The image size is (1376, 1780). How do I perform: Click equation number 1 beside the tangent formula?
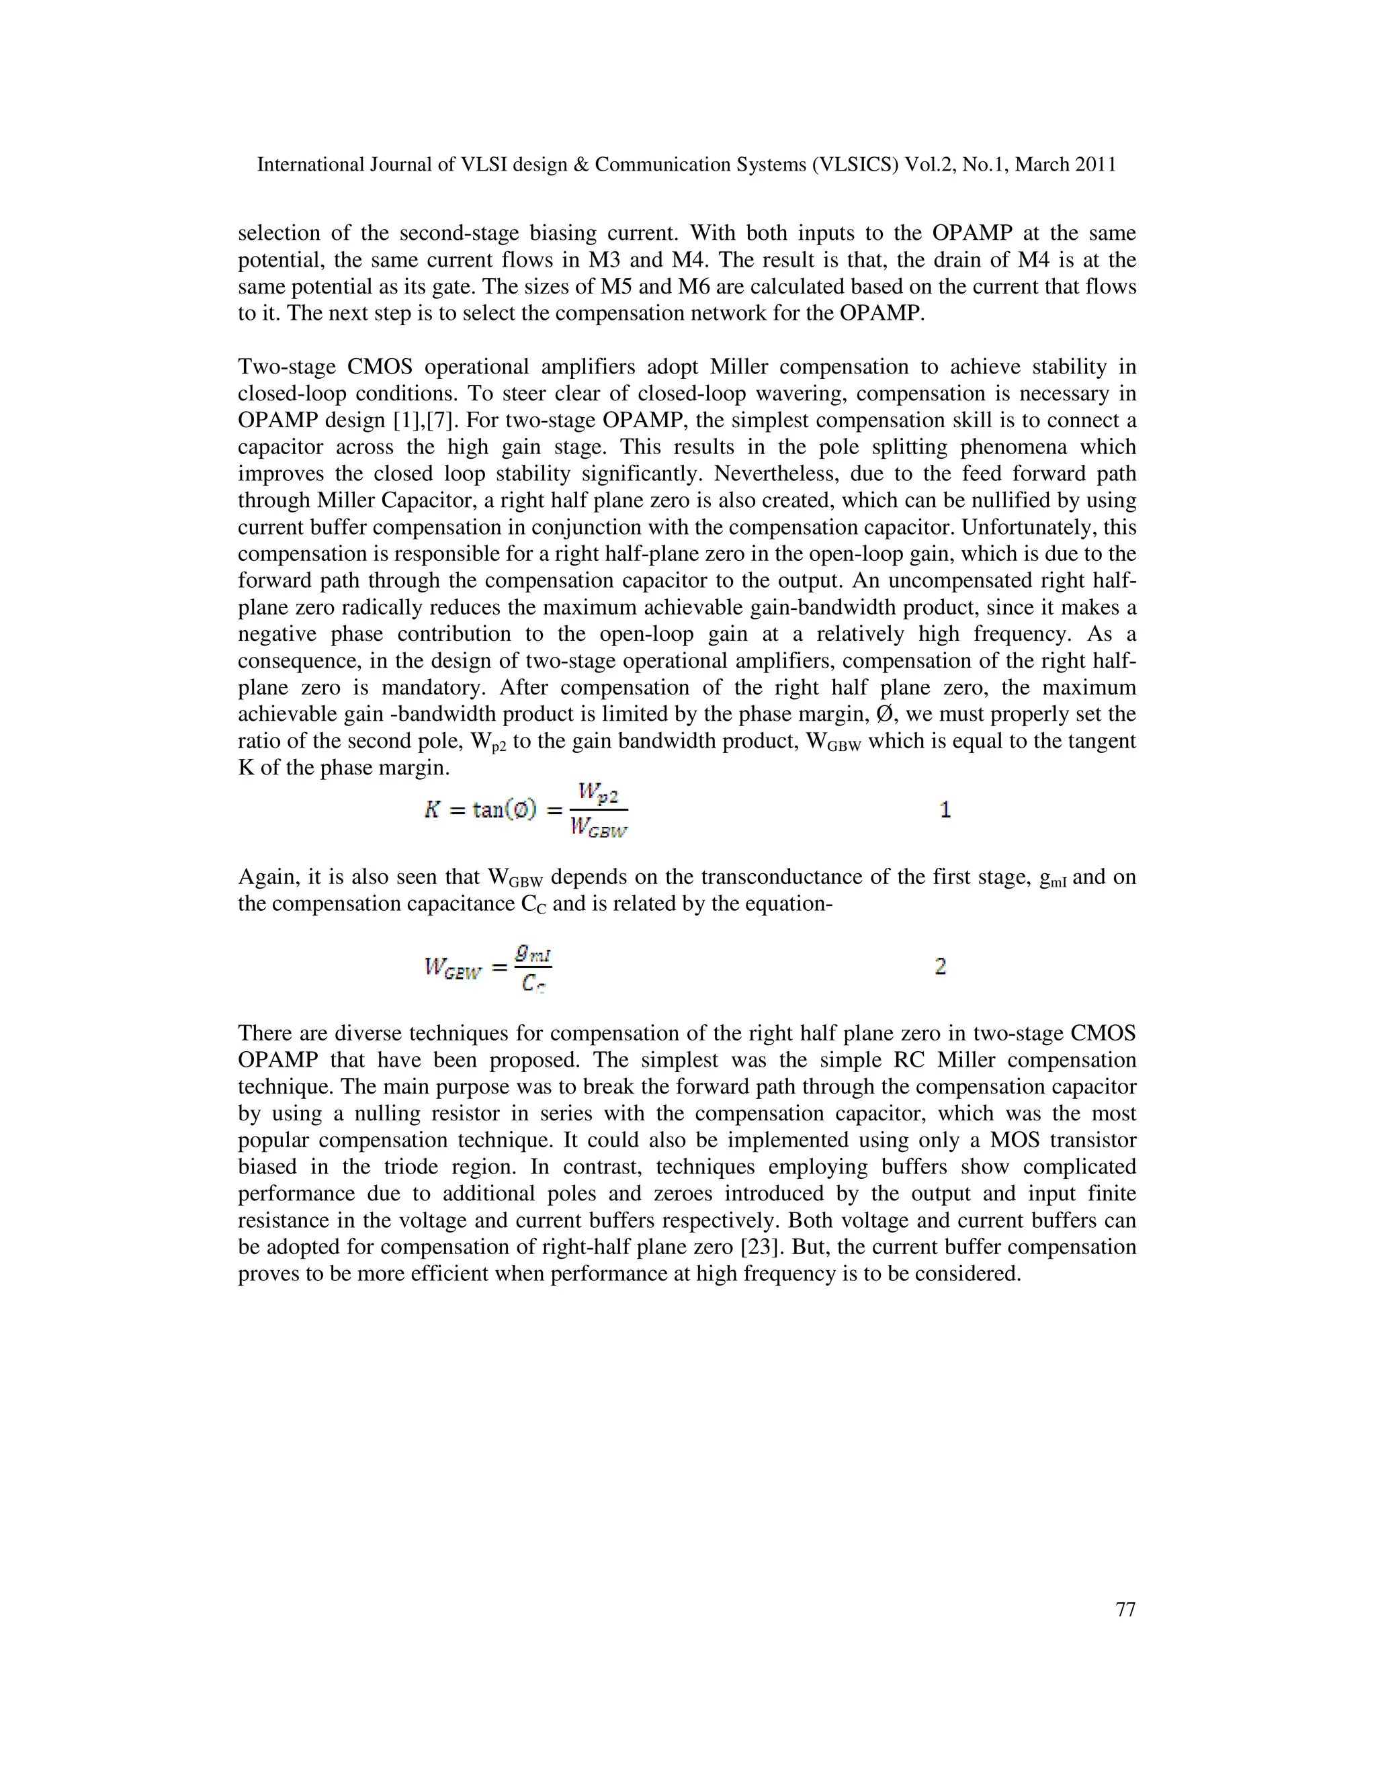point(945,809)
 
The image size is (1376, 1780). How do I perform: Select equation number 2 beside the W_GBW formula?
point(940,967)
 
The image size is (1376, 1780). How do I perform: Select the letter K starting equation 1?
point(432,810)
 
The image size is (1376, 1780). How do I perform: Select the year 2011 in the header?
point(1094,165)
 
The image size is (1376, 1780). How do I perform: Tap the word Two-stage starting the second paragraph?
point(286,367)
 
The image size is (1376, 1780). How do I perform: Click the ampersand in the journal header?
point(581,165)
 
